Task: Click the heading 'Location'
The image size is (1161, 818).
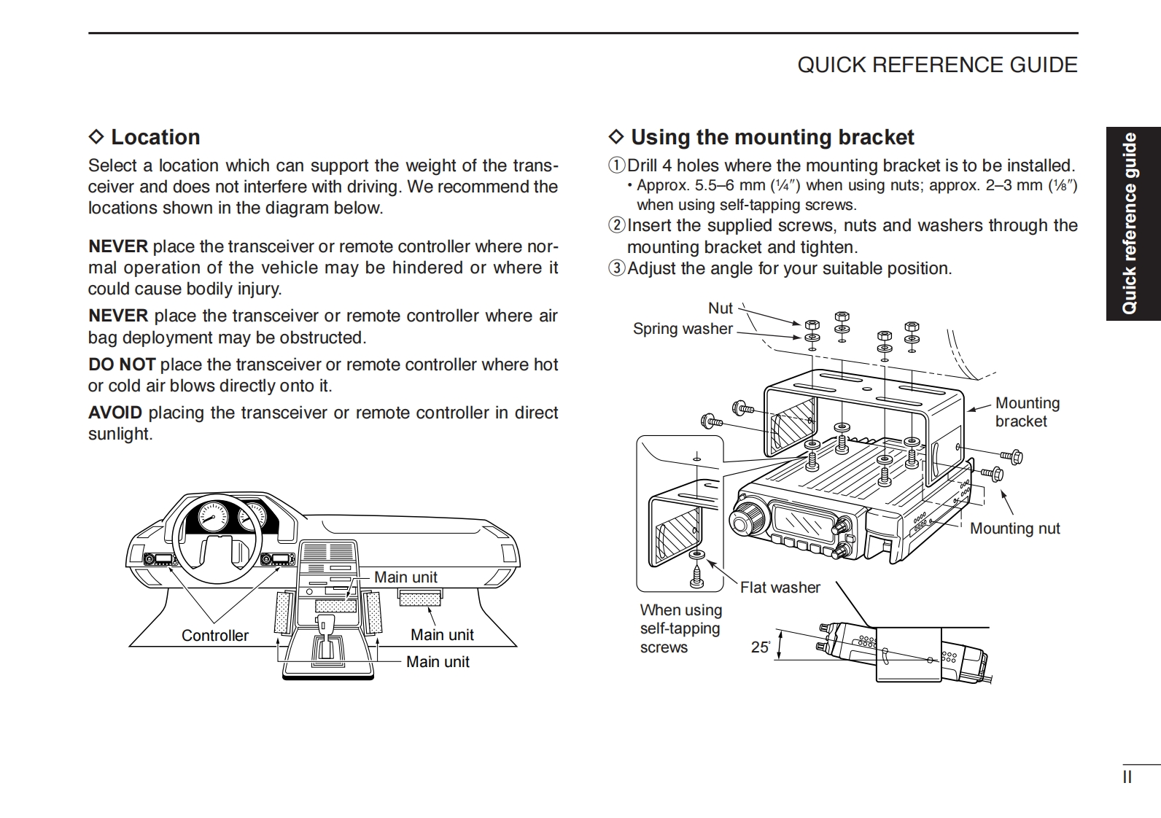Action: click(x=155, y=137)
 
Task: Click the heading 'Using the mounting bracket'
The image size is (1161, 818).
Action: click(x=772, y=137)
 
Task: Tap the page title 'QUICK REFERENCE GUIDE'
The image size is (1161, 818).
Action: click(x=937, y=65)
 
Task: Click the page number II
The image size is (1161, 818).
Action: click(x=1127, y=777)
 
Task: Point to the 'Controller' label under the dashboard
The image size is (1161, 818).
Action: click(x=214, y=636)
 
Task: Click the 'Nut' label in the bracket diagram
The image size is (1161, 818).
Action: click(x=721, y=308)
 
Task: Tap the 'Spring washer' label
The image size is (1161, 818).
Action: click(x=682, y=329)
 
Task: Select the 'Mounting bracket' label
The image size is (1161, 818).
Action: click(x=1027, y=412)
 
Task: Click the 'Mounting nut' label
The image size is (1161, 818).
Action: click(x=1014, y=529)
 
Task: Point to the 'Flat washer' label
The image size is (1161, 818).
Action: click(x=780, y=588)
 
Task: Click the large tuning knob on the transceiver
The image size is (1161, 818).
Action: click(x=746, y=520)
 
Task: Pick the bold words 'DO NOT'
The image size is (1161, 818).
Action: click(x=122, y=365)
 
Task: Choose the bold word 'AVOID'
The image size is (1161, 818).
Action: click(x=115, y=413)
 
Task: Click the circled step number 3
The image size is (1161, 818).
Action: click(x=617, y=268)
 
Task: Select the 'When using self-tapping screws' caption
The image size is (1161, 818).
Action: click(x=680, y=628)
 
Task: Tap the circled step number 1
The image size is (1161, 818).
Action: click(x=617, y=165)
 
